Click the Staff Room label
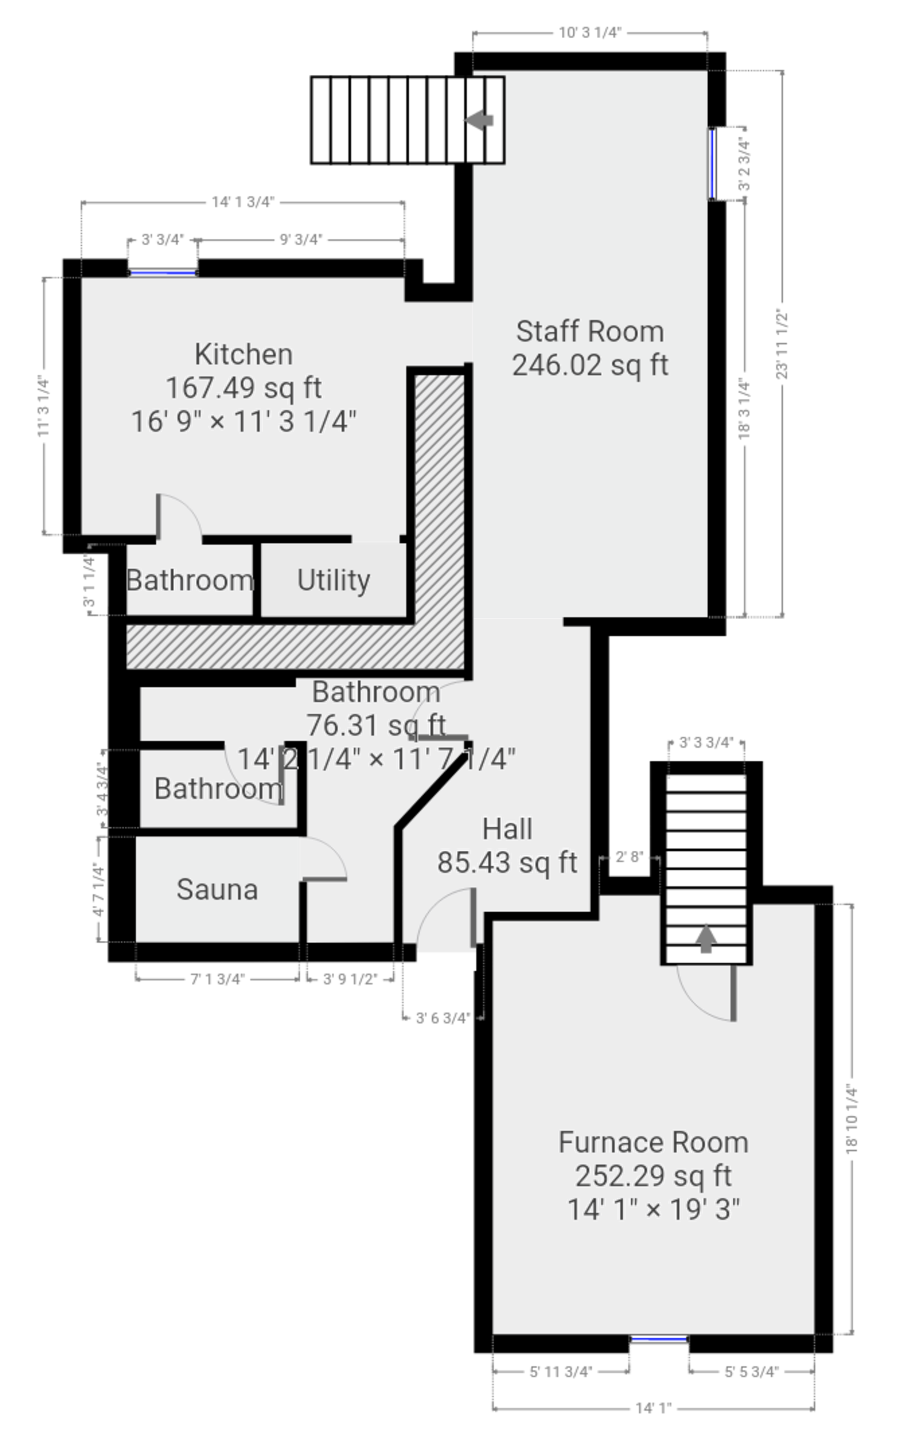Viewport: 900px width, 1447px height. point(589,331)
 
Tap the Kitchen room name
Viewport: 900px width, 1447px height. point(244,355)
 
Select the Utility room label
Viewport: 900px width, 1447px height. point(334,580)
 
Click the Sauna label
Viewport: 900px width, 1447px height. point(217,890)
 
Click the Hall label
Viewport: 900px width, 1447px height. point(507,828)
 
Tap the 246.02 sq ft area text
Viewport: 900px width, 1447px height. point(590,366)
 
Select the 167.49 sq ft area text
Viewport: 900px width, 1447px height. point(244,388)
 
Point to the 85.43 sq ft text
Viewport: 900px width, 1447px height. point(507,862)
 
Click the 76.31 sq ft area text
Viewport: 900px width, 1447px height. point(376,725)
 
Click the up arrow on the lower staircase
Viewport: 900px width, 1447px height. point(706,937)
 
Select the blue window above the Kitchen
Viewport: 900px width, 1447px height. point(163,273)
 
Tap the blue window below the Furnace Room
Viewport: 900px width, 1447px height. point(659,1340)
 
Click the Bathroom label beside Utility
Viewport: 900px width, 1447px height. point(190,580)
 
